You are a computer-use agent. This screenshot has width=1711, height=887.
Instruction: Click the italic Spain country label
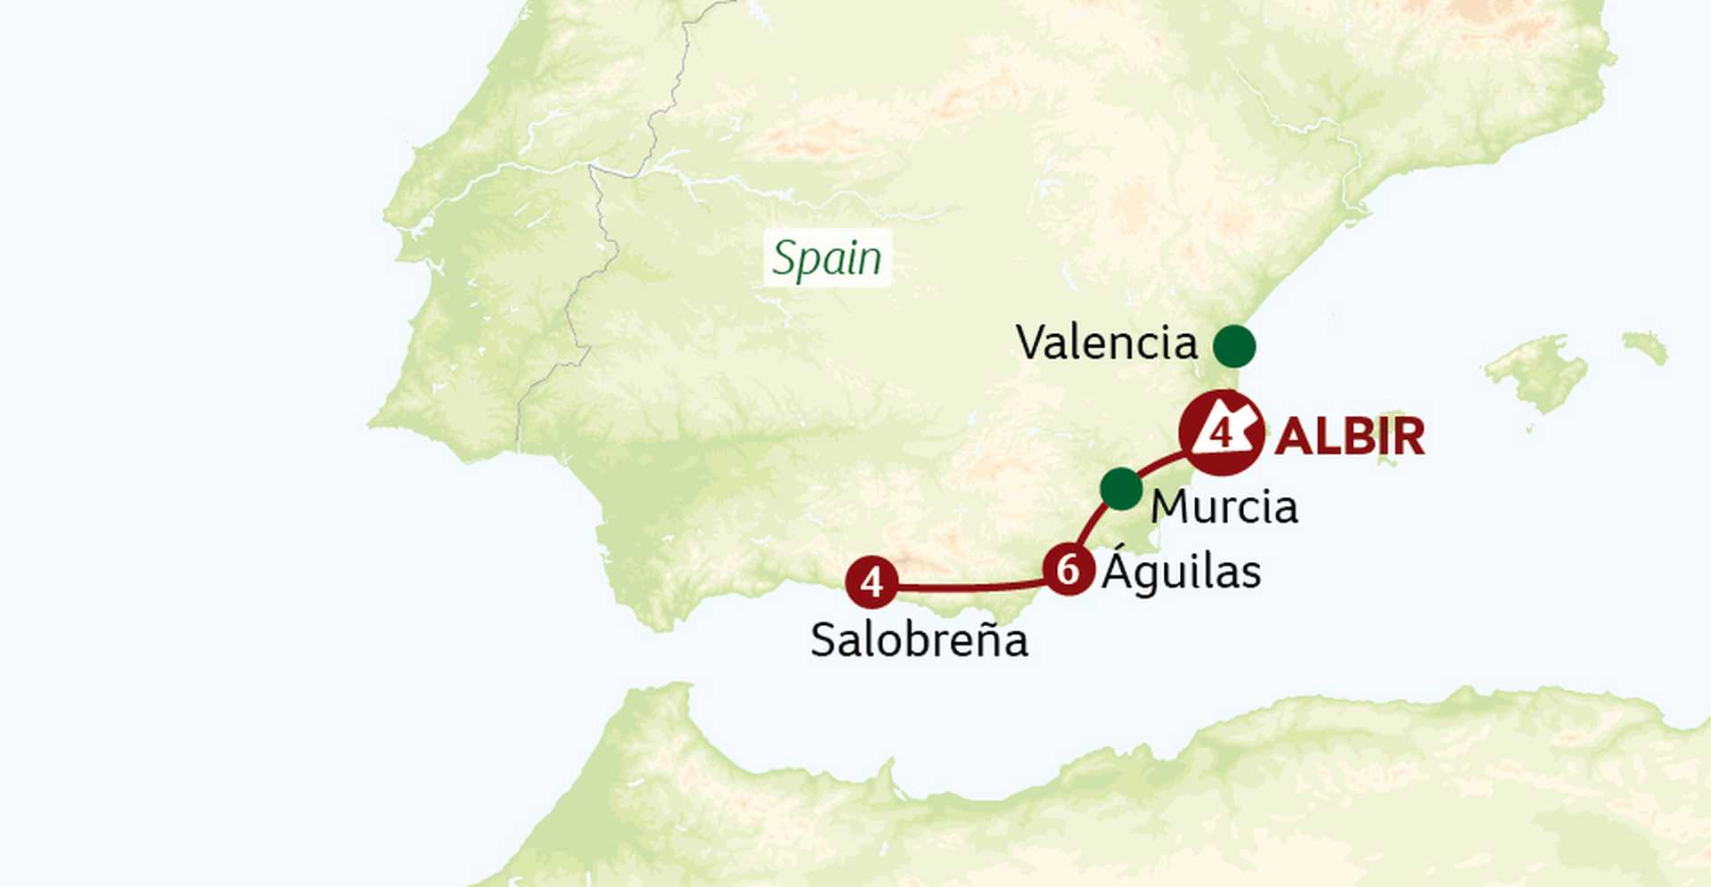pos(827,259)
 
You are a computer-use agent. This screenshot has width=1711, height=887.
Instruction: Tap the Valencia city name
pos(1106,343)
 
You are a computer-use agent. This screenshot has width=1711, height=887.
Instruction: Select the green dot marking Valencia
pos(1234,346)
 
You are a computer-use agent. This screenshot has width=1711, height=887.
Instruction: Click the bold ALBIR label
pos(1349,437)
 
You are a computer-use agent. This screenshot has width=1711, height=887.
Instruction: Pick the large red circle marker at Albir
pos(1221,434)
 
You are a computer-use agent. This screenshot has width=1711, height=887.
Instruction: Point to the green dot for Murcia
pos(1121,489)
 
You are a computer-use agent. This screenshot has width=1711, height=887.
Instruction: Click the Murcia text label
pos(1224,508)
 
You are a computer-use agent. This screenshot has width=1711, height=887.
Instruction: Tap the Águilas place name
pos(1181,572)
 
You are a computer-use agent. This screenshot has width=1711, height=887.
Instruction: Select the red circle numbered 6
pos(1068,569)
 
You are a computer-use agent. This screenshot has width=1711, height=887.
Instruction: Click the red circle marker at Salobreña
pos(872,582)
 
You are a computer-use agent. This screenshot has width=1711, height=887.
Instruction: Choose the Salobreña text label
pos(919,640)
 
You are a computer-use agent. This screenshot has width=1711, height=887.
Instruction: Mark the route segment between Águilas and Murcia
pos(1094,525)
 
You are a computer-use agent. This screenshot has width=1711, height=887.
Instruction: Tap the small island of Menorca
pos(1645,346)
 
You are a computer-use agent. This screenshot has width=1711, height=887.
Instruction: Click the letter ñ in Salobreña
pos(985,640)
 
